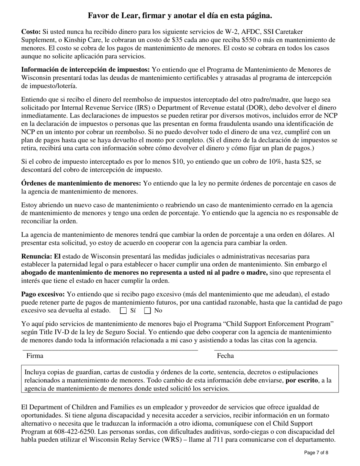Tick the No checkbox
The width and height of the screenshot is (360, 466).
pyautogui.click(x=148, y=311)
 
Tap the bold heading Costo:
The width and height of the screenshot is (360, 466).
pyautogui.click(x=31, y=32)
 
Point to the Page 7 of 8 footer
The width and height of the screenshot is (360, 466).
pyautogui.click(x=316, y=452)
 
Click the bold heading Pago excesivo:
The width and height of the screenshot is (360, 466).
pyautogui.click(x=43, y=294)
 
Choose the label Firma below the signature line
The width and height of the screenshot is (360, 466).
pyautogui.click(x=34, y=356)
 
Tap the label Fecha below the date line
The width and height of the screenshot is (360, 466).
pyautogui.click(x=225, y=356)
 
